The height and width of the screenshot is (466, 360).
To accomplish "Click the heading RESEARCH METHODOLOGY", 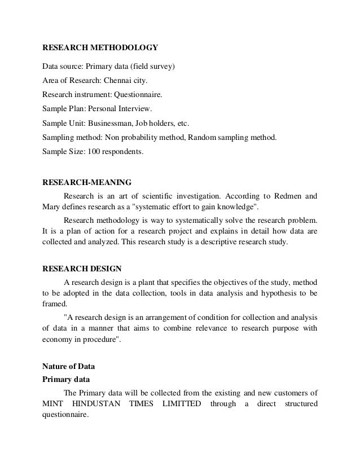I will point(100,47).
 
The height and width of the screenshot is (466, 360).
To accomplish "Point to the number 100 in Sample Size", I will point(90,151).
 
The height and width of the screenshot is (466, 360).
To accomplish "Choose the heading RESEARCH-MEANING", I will point(87,182).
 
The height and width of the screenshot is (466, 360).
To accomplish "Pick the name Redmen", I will point(288,196).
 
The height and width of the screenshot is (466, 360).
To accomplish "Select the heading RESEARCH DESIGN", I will point(82,269).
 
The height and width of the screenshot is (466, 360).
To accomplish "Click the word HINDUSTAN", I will point(99,405).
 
